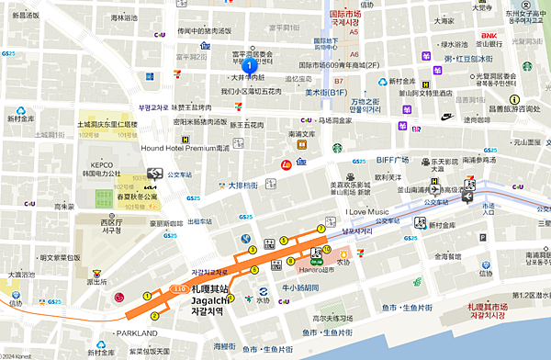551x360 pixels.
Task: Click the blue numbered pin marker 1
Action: pos(248,65)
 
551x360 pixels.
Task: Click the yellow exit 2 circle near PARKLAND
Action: pos(155,315)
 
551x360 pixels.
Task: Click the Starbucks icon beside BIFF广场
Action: pos(337,147)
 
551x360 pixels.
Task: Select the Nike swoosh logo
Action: pos(447,118)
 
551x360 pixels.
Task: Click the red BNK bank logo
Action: pos(488,36)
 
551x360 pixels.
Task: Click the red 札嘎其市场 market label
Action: pos(500,306)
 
